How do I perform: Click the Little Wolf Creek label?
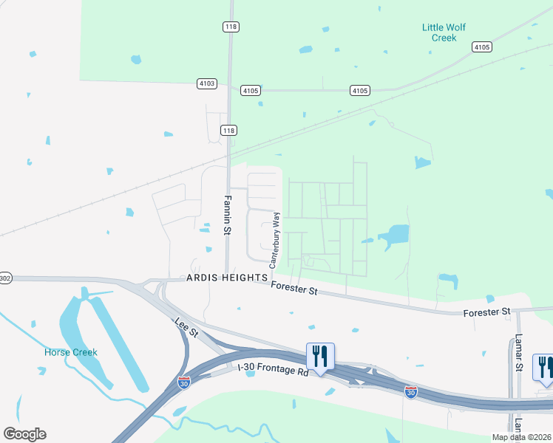444,32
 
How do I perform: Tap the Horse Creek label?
71,352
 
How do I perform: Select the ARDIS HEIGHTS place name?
227,277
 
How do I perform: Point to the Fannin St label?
228,214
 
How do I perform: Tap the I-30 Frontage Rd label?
273,371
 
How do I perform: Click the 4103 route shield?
207,83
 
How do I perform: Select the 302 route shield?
4,278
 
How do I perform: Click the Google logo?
24,433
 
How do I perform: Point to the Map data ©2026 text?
521,437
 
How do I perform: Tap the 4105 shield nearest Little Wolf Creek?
481,47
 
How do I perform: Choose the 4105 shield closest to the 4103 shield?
250,90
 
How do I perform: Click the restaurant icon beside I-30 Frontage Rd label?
320,357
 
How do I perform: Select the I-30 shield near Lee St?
183,382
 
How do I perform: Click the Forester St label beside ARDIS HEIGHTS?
294,289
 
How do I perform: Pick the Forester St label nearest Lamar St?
486,313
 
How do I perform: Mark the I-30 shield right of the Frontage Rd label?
411,391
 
